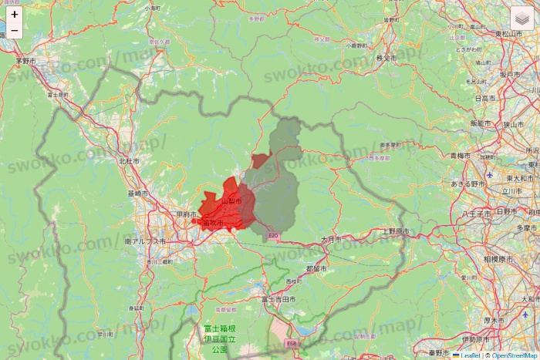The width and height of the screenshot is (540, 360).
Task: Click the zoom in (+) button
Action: pos(15,14)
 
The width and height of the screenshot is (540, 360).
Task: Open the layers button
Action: pos(522,18)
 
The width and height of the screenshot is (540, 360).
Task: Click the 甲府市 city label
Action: pos(186,214)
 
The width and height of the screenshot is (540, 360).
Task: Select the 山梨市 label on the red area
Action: pos(231,201)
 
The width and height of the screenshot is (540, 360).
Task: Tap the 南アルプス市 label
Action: pos(145,241)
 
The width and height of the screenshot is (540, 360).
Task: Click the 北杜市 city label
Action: pos(129,161)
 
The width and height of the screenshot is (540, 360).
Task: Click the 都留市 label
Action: pos(316,269)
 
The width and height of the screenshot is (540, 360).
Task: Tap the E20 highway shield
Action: pos(272,235)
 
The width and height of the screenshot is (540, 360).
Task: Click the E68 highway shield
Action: pos(291,343)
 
